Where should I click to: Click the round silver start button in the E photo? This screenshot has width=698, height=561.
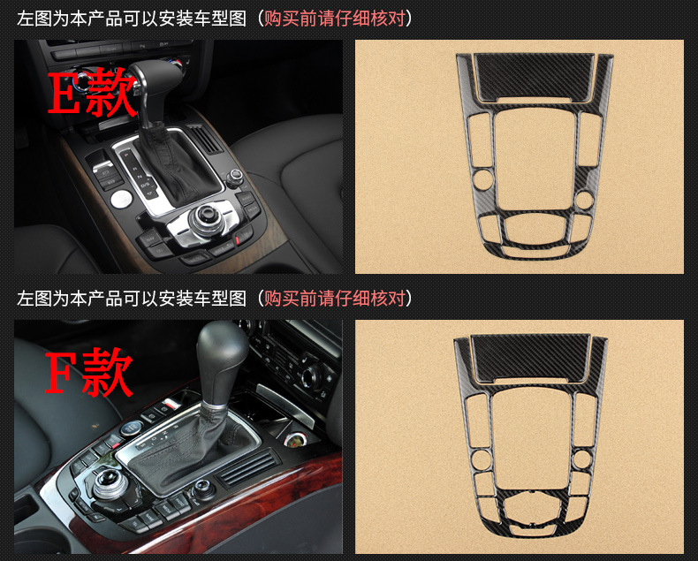click(x=121, y=199)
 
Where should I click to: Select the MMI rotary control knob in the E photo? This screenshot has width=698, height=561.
click(x=205, y=217)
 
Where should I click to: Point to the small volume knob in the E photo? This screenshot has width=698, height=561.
click(x=234, y=178)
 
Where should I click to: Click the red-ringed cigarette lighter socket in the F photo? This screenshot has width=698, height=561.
click(x=294, y=441)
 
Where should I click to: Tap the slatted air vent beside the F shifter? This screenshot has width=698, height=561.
click(x=247, y=467)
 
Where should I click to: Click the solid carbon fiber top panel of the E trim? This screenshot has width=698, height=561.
click(x=534, y=77)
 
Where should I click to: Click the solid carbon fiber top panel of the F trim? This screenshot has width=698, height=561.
click(x=530, y=357)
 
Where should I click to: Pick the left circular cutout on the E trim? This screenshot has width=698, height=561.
click(x=482, y=178)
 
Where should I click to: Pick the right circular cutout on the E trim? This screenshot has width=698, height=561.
click(x=583, y=200)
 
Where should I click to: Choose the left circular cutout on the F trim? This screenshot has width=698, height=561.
click(x=481, y=460)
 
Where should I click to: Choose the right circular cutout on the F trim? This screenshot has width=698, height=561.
click(x=581, y=460)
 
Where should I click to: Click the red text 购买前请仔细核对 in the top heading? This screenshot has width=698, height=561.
click(x=335, y=19)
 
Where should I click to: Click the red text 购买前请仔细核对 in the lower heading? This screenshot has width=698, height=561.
click(x=335, y=298)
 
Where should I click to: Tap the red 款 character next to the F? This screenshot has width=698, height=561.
click(x=108, y=372)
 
